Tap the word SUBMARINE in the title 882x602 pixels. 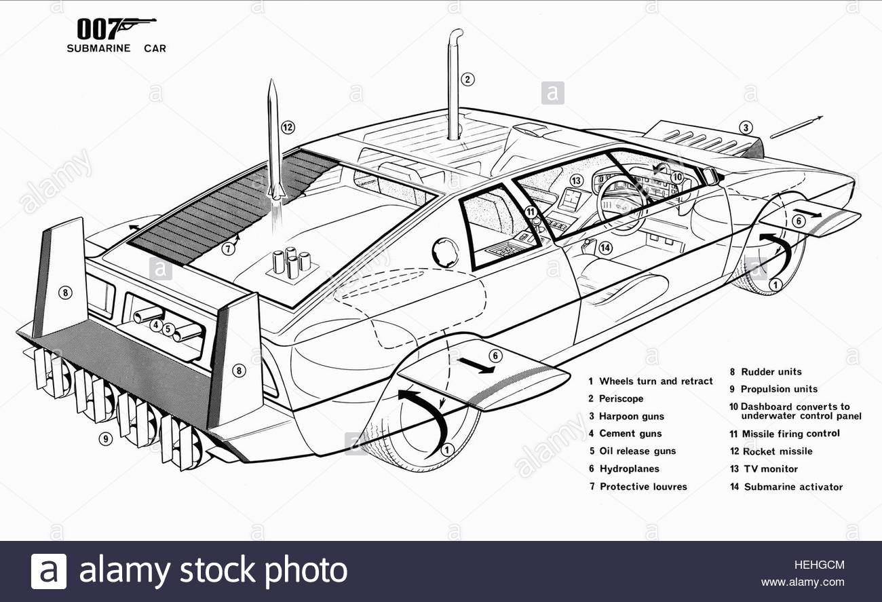coord(98,48)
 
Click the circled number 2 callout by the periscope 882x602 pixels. coord(467,79)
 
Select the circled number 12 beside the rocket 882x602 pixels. coord(288,128)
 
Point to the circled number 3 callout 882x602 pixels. coord(746,128)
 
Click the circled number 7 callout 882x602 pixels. coord(228,248)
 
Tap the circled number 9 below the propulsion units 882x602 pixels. coord(105,438)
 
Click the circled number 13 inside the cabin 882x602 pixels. coord(577,181)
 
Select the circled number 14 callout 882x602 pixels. coord(605,248)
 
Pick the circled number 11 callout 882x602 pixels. coord(531,212)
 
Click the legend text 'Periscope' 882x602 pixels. coord(621,398)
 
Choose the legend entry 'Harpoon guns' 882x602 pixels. coord(632,416)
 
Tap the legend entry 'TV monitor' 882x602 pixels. coord(771,469)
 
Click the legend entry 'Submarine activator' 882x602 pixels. coord(793,487)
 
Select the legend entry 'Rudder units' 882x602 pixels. coord(771,371)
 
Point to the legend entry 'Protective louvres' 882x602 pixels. coord(643,487)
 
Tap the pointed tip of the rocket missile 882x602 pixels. coord(271,80)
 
